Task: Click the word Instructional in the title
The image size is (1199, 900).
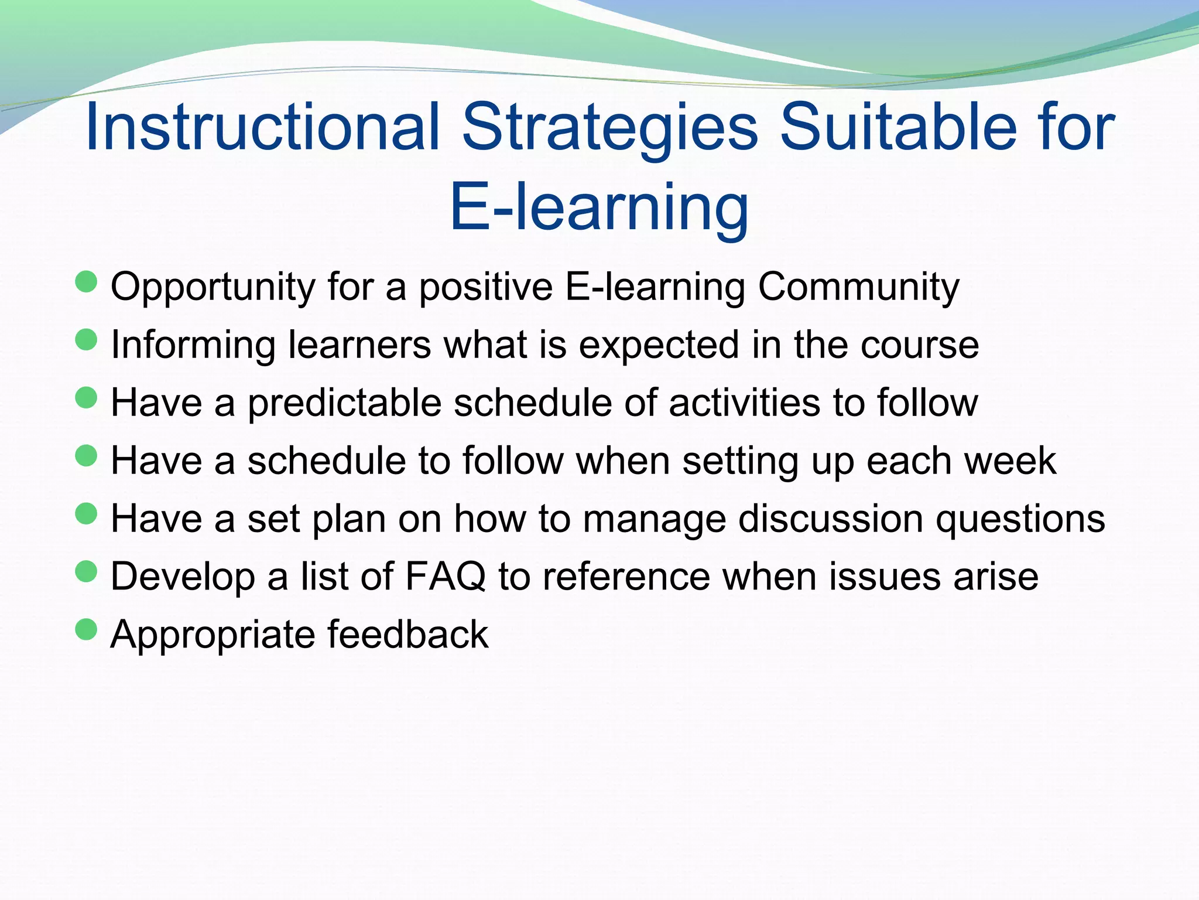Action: point(262,127)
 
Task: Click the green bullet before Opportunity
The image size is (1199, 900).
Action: point(86,281)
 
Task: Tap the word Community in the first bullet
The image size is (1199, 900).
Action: point(858,287)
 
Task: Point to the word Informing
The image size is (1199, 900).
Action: point(193,345)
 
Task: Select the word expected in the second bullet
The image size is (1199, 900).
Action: point(659,345)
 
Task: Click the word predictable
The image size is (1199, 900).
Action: point(344,403)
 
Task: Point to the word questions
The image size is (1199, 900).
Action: point(1020,519)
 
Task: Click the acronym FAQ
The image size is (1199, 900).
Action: point(445,577)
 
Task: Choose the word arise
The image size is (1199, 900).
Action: point(996,577)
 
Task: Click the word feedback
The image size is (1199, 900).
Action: point(407,635)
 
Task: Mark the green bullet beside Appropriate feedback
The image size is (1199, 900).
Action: point(86,629)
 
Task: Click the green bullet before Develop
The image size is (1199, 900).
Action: point(86,571)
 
